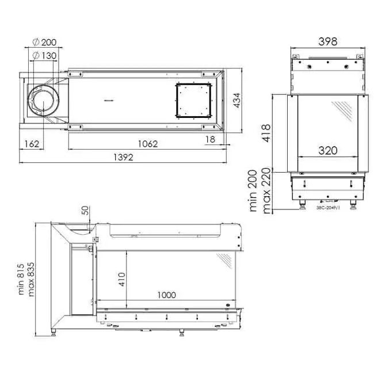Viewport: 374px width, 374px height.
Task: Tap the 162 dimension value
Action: tap(32, 143)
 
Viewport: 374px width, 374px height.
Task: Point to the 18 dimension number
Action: tap(211, 139)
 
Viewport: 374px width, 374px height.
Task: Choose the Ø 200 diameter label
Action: tap(45, 42)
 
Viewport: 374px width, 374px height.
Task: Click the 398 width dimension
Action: tap(327, 41)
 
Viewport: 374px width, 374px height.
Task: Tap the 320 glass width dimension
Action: tap(327, 150)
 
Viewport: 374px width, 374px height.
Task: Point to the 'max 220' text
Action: tap(266, 192)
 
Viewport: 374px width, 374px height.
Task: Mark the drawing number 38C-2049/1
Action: tap(329, 208)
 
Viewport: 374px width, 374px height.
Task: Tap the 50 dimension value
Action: tap(86, 211)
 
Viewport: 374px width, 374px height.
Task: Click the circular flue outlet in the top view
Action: tap(44, 101)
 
